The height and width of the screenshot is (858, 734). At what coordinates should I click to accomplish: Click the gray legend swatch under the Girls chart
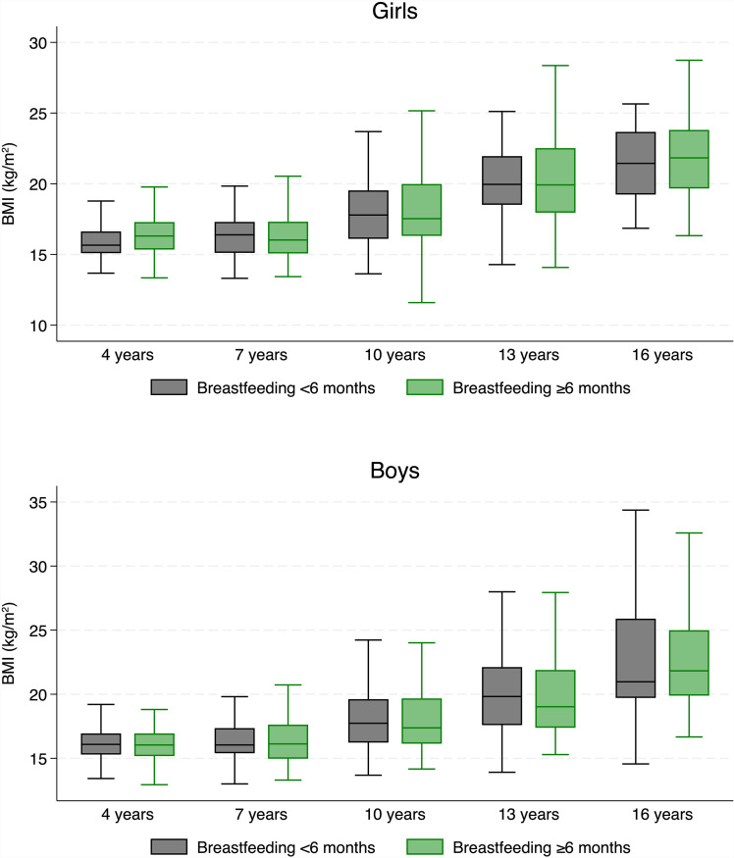pos(169,387)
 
